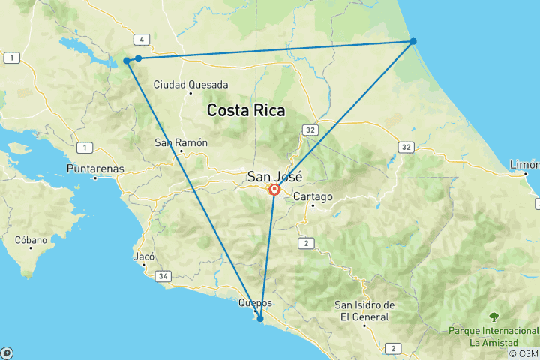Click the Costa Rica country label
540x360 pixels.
pos(246,110)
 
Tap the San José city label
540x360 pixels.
pos(274,177)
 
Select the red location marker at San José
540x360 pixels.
pos(274,190)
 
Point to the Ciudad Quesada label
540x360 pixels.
pos(190,85)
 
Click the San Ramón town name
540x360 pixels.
pos(181,142)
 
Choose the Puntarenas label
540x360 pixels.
pos(95,169)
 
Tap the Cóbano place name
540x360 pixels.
pos(31,240)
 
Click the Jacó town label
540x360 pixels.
pos(143,256)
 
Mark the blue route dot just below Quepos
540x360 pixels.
pos(260,319)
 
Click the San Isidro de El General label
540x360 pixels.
pos(364,310)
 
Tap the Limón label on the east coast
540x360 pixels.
pos(523,164)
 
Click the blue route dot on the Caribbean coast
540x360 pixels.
pos(413,41)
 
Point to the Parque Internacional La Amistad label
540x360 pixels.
pos(493,337)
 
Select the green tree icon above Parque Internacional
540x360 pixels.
pos(493,316)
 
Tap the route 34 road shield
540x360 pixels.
pos(163,276)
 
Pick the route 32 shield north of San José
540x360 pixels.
pos(310,130)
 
